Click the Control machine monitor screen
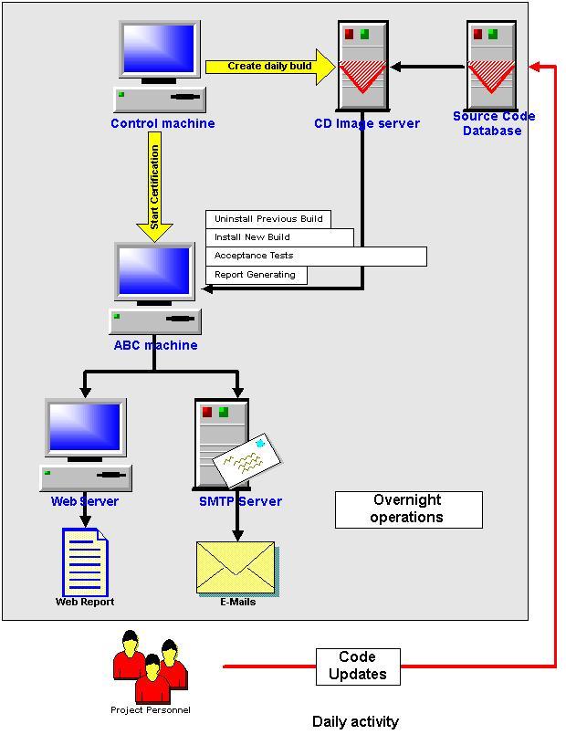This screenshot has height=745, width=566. click(160, 49)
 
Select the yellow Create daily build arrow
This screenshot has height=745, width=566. click(269, 67)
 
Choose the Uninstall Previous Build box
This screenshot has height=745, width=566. click(268, 219)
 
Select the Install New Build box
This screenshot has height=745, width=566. click(279, 237)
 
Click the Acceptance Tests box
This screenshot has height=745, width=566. click(316, 257)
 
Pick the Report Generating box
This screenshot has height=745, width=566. click(256, 275)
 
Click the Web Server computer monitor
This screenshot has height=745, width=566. click(86, 427)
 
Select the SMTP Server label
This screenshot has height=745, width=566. click(240, 501)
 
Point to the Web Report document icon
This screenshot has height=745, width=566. click(85, 561)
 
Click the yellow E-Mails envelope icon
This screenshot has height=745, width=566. click(236, 567)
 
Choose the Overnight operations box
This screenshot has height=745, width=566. click(408, 509)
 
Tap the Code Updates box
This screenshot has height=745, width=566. click(358, 666)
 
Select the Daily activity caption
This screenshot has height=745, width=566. click(355, 722)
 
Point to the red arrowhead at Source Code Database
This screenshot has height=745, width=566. click(537, 67)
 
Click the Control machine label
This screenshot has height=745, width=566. click(162, 123)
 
